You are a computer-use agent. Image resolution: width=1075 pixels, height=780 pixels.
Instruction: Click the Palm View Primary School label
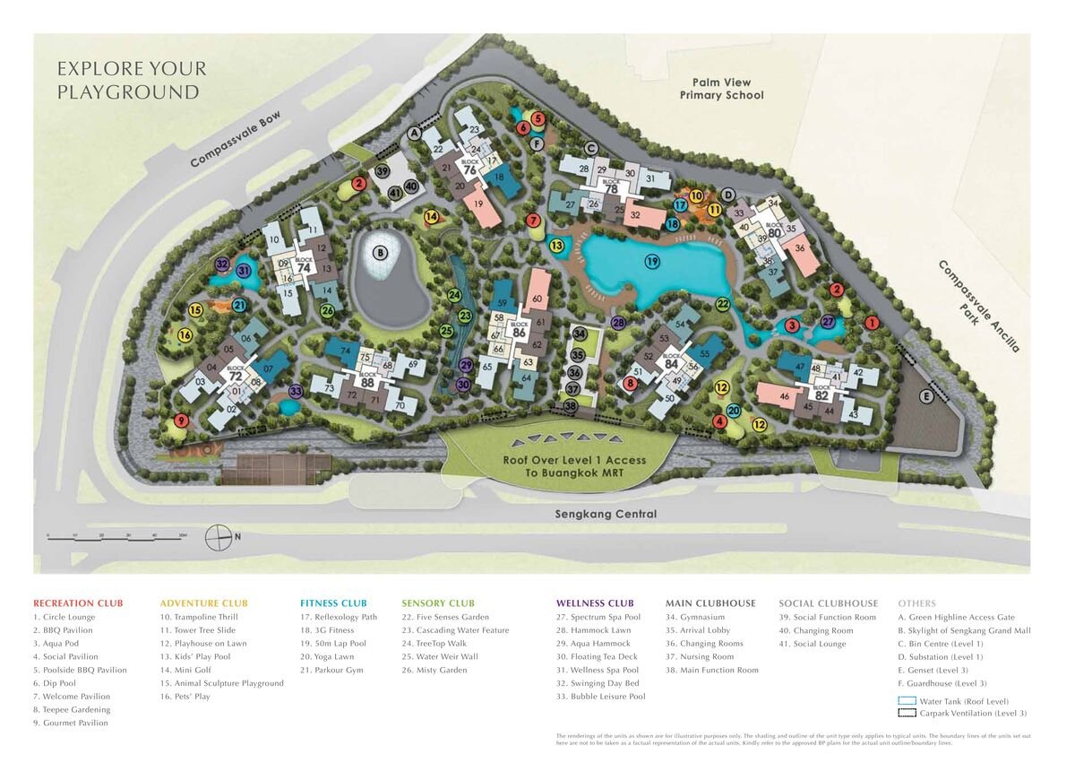pos(721,89)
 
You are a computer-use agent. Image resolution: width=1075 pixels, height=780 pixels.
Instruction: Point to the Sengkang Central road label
pos(606,514)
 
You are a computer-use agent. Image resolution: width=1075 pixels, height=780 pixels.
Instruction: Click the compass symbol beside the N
pos(219,537)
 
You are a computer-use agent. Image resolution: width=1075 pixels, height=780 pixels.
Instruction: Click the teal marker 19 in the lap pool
pos(652,261)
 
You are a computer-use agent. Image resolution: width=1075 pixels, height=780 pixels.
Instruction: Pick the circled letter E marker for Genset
pos(926,396)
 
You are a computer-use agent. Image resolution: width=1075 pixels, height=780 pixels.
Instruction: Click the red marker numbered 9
pos(182,420)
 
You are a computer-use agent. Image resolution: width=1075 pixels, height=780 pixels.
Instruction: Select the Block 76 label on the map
pos(469,168)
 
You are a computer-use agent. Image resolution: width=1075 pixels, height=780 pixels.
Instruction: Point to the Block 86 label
pos(519,331)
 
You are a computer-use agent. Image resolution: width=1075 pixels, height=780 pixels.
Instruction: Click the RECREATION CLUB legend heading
pos(78,603)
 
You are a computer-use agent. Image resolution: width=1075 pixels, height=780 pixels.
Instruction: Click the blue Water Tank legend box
pos(906,701)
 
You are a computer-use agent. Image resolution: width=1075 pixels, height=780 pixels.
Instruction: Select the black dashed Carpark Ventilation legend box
pos(906,713)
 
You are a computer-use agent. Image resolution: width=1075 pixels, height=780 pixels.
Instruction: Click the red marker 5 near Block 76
pos(537,118)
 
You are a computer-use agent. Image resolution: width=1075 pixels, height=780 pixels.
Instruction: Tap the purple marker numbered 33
pos(296,391)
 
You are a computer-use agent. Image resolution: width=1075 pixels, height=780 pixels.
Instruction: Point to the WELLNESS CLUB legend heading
pos(594,603)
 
